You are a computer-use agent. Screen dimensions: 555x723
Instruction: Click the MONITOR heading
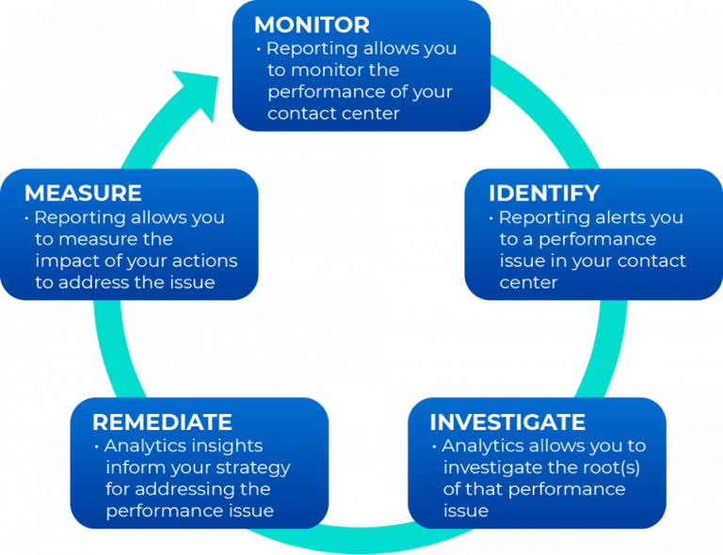click(312, 24)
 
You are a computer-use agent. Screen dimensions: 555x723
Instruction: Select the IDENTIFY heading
click(543, 193)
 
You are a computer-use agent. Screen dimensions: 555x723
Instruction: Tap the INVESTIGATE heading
click(507, 421)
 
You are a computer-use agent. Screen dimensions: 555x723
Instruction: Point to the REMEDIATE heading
click(162, 421)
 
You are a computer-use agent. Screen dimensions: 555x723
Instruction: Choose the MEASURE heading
click(83, 193)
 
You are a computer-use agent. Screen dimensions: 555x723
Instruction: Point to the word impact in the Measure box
click(69, 261)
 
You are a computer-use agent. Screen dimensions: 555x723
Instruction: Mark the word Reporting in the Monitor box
click(312, 49)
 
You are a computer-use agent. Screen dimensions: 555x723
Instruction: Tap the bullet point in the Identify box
click(490, 218)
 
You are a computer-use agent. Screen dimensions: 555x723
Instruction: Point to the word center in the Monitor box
click(369, 114)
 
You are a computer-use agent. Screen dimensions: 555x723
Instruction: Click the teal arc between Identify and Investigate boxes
click(613, 348)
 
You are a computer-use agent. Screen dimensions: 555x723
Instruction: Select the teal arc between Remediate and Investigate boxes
click(367, 543)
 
